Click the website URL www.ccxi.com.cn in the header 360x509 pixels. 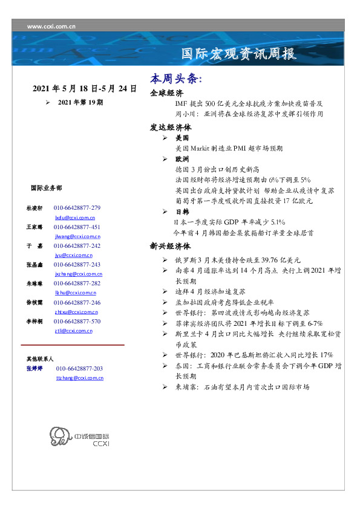[x=51, y=26]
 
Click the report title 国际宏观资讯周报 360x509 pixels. [x=239, y=54]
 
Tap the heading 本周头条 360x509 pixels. [x=175, y=80]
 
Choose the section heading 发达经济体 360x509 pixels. [x=171, y=128]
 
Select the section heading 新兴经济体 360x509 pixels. [x=171, y=247]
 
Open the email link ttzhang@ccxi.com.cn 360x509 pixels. [x=79, y=377]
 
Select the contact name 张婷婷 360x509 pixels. [x=37, y=368]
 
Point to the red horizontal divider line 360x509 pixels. [x=72, y=345]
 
